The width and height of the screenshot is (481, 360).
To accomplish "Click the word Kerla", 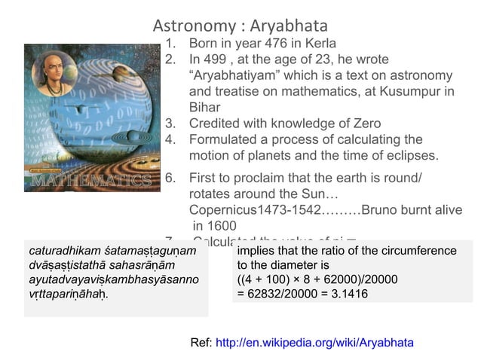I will tap(319, 43).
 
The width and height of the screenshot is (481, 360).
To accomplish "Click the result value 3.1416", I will tap(344, 294).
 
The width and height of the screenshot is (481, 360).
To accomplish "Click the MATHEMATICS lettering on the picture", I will tap(91, 182).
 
